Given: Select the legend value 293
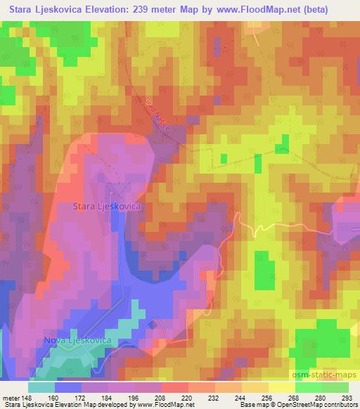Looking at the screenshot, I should (x=347, y=397).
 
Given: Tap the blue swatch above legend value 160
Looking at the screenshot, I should (x=68, y=387).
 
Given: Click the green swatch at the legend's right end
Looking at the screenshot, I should (x=335, y=387).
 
